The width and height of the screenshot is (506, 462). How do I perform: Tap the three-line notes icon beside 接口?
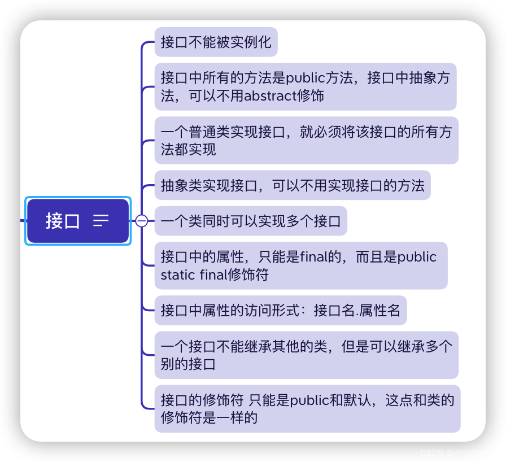pos(101,221)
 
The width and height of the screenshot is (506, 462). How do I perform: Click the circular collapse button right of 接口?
pos(142,221)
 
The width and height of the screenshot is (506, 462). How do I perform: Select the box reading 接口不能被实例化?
pos(216,42)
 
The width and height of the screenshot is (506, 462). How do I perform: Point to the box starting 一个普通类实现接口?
pos(306,141)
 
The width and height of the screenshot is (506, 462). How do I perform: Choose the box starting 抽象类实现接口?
pos(292,185)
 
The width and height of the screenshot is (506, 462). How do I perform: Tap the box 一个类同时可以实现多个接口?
pos(250,221)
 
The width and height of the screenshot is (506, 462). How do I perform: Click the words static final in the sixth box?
pos(195,275)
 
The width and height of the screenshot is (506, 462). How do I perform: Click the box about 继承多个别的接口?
pos(306,355)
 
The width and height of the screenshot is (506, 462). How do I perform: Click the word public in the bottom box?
pos(309,400)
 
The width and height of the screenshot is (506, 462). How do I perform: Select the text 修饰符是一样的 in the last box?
pos(209,418)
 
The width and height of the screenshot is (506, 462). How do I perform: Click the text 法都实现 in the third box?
pos(188,150)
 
